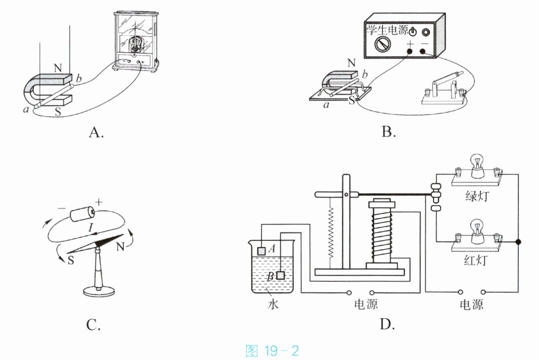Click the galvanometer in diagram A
tap(136, 41)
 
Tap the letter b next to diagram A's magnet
tap(79, 79)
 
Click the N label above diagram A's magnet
tap(58, 68)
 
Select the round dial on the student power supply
tap(383, 44)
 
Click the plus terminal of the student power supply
tap(409, 51)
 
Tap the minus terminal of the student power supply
tap(423, 51)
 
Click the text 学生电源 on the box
tap(387, 31)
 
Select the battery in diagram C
tap(82, 213)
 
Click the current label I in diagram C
tap(90, 227)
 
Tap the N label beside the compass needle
tap(120, 247)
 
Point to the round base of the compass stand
tap(99, 292)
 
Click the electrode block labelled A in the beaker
tap(262, 251)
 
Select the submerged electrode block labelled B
tap(281, 275)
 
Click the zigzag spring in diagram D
tap(332, 232)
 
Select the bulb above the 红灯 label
tap(477, 231)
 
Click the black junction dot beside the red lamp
tap(518, 242)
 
